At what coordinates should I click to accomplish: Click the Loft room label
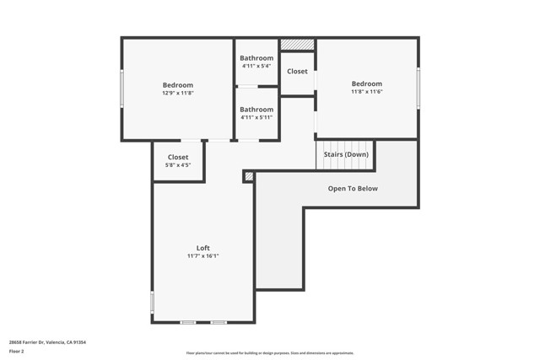(202, 248)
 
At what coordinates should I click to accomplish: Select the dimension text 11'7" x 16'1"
(202, 255)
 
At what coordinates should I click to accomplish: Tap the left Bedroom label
(177, 84)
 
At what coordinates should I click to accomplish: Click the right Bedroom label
(366, 83)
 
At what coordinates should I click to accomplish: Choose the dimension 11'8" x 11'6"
(366, 91)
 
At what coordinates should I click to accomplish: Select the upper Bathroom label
(256, 58)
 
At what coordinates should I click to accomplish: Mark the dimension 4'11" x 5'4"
(256, 66)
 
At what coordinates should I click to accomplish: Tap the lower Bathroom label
(256, 109)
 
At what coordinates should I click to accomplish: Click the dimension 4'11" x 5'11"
(256, 117)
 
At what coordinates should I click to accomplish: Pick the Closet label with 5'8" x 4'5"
(177, 157)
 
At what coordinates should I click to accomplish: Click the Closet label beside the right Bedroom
(297, 72)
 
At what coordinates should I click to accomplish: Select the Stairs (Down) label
(345, 154)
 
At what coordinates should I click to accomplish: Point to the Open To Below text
(353, 188)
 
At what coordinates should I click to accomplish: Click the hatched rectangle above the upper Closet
(297, 44)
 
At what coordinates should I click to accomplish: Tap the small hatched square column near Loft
(248, 176)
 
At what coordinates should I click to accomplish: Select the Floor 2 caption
(16, 351)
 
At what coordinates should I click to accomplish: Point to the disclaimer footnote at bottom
(270, 353)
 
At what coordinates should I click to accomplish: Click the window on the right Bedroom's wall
(418, 88)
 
